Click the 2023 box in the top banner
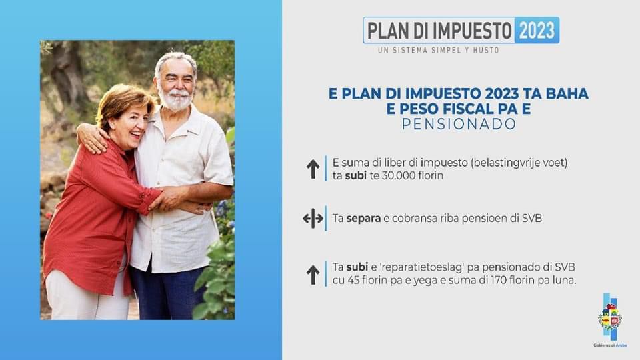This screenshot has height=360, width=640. (537, 30)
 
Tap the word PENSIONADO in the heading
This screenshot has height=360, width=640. (459, 124)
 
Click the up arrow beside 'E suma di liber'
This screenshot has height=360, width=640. (313, 169)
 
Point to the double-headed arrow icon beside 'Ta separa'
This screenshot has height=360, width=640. (313, 218)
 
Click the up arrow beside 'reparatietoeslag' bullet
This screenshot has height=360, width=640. (313, 274)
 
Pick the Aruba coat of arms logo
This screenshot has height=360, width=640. (609, 319)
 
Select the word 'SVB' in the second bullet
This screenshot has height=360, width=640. (530, 218)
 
